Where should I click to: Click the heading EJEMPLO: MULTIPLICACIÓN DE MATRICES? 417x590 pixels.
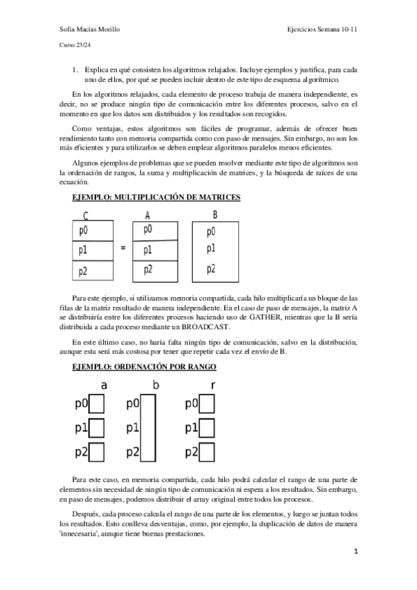click(157, 198)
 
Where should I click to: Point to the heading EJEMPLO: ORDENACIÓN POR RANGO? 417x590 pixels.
click(144, 366)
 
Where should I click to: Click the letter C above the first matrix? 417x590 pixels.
click(86, 215)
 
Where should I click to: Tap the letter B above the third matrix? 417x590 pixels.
click(215, 214)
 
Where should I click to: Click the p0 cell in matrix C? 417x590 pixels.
click(91, 230)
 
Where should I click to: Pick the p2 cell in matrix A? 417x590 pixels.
click(157, 269)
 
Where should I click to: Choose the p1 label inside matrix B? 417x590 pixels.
click(211, 249)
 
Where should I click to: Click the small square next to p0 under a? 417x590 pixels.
click(97, 404)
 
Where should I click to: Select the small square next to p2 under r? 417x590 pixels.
click(207, 452)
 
